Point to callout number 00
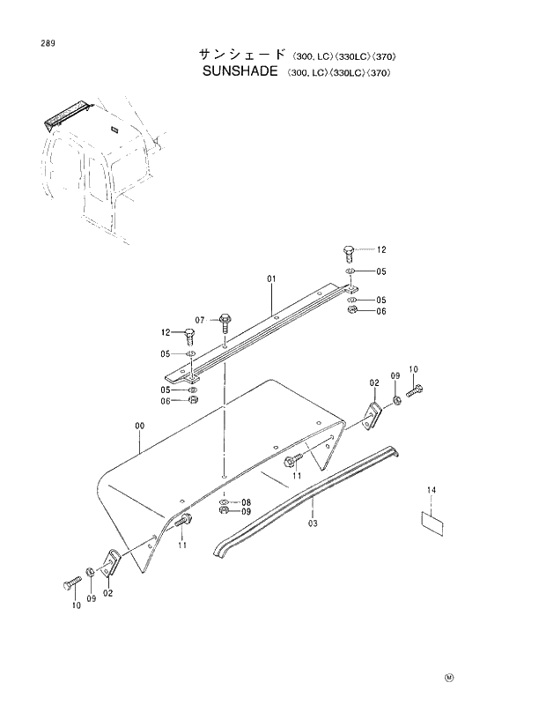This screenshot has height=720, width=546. click(139, 426)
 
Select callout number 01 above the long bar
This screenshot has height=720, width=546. click(272, 278)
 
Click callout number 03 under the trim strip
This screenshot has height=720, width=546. click(313, 523)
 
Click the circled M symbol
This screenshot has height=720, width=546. click(448, 678)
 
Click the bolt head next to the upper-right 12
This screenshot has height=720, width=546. click(349, 253)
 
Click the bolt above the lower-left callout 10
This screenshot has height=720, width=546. click(73, 583)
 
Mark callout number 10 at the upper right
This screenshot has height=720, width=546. click(413, 368)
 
